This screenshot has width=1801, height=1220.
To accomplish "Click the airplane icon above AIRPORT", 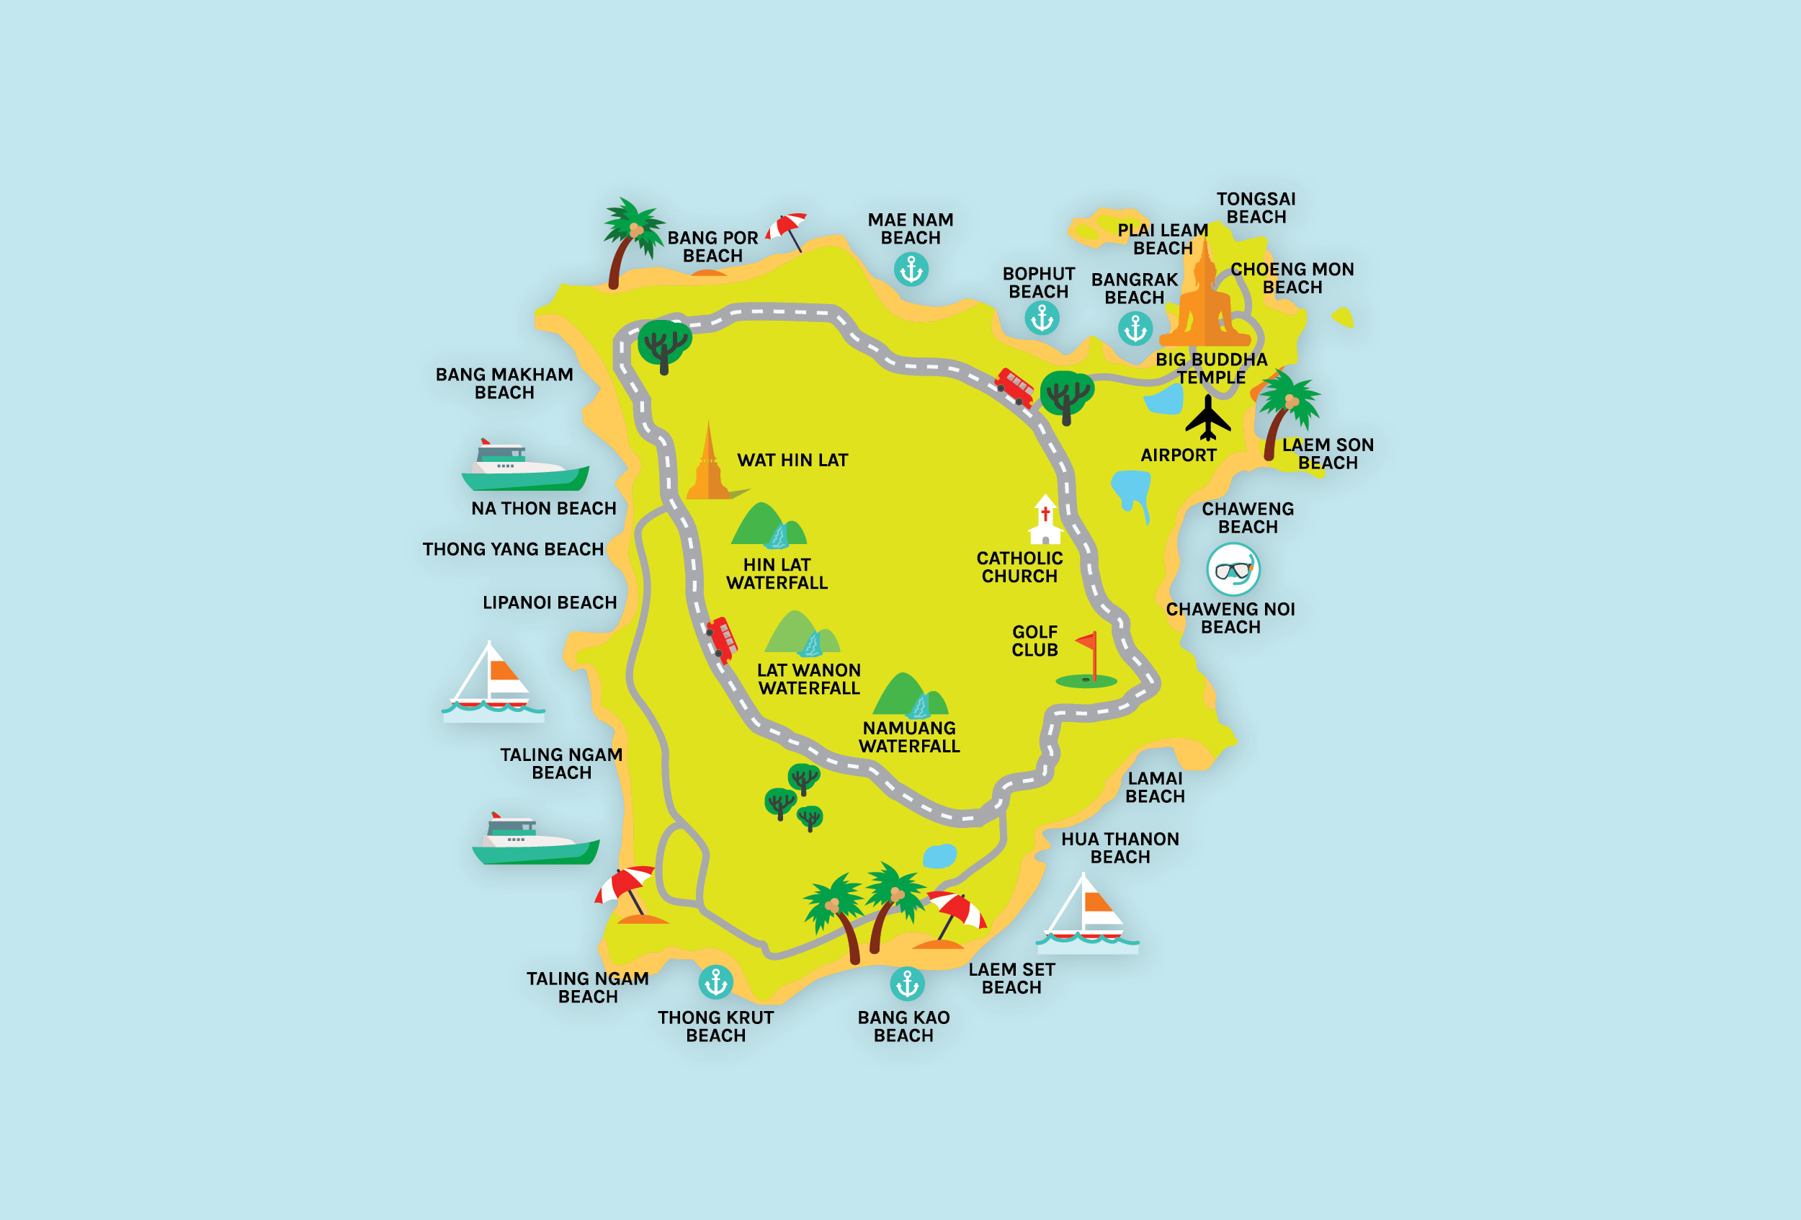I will pos(1207,418).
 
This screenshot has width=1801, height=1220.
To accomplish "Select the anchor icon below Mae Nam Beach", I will pos(911,270).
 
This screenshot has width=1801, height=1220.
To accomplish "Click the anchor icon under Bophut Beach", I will pos(1042,318).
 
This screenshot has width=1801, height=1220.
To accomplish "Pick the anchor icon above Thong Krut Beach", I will pos(715,983).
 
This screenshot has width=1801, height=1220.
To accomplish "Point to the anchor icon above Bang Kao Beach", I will pos(907,984).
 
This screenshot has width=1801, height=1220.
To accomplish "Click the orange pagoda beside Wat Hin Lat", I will pos(707,465).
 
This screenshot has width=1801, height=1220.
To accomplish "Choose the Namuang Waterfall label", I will pos(909,737).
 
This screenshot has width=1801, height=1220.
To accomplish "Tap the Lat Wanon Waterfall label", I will pos(808,679).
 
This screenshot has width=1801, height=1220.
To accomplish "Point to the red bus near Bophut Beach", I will pos(1014,387).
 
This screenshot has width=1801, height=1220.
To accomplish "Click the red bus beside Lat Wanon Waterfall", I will pos(722,639).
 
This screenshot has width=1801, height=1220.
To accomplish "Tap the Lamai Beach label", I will pos(1155,788).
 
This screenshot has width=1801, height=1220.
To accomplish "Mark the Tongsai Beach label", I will pos(1256,208).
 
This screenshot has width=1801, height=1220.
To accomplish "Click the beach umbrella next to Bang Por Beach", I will pos(787,228).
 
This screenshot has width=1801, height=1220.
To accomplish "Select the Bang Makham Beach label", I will pos(504,383).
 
